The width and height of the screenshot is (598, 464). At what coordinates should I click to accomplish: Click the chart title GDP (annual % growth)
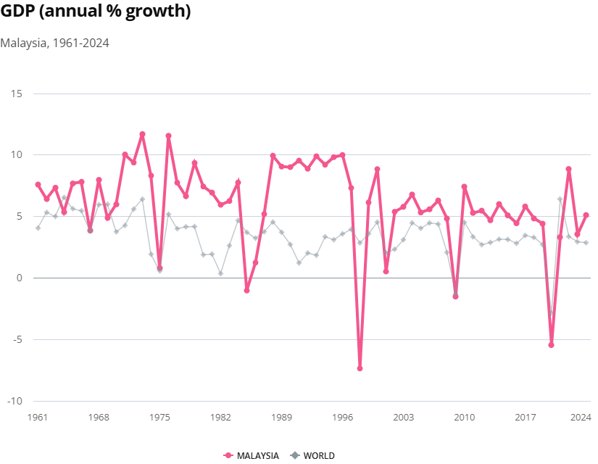(x=96, y=13)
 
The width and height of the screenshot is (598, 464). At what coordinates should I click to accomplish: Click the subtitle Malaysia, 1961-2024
(x=54, y=43)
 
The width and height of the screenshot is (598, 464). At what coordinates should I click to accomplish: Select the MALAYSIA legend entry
(x=252, y=455)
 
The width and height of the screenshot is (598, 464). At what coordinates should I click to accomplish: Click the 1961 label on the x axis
(x=38, y=418)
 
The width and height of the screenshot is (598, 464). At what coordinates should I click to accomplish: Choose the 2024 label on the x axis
(x=581, y=418)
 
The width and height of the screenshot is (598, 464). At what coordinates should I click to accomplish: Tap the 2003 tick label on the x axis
(x=404, y=418)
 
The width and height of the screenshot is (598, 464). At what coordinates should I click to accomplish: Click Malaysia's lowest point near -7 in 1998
(x=360, y=368)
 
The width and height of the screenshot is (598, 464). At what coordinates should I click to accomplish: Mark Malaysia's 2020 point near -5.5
(x=551, y=345)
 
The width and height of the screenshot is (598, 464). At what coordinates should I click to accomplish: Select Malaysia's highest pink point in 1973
(x=142, y=134)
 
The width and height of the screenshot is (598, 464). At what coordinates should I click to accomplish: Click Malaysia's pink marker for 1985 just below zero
(x=246, y=290)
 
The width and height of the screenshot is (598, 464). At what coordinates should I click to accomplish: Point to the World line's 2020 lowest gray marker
(x=551, y=313)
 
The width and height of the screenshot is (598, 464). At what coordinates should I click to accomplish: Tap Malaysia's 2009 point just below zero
(x=455, y=297)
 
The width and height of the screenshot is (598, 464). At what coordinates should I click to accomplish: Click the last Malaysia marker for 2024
(x=586, y=215)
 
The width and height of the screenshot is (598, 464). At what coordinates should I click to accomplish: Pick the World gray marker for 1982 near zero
(x=220, y=273)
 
